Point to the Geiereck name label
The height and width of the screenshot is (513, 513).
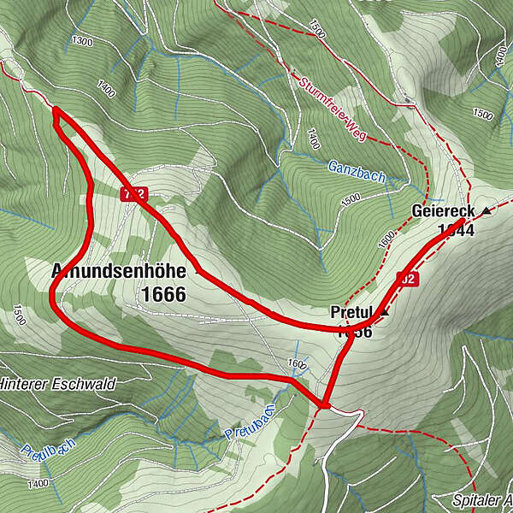(x=443, y=210)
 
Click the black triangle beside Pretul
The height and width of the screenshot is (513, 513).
(x=384, y=313)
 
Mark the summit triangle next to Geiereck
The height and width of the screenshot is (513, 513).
(x=486, y=210)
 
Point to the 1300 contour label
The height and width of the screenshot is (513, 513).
(x=83, y=41)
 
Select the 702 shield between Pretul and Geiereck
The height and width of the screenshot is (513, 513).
(x=407, y=278)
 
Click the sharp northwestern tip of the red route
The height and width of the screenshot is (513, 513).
(x=54, y=109)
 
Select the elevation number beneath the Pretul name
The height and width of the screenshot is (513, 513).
(x=354, y=332)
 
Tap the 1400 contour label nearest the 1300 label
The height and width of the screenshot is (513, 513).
(x=107, y=87)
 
